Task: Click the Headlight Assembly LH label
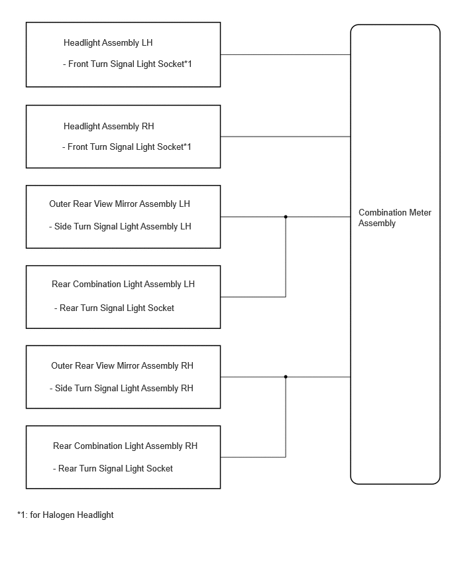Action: point(108,43)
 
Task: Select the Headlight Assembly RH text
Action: point(109,127)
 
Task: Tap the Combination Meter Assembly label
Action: point(395,218)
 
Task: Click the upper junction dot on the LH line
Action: point(286,217)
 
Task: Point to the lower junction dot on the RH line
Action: point(286,377)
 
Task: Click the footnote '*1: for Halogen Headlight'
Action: point(66,515)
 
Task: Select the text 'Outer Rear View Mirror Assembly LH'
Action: point(119,204)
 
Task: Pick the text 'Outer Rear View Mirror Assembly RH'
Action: point(122,366)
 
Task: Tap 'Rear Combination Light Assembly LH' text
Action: point(123,284)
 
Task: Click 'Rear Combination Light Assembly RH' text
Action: point(125,446)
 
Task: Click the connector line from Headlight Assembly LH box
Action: point(286,55)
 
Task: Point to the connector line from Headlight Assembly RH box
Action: point(286,137)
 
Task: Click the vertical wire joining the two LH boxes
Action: point(286,257)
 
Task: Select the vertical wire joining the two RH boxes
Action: point(286,417)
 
